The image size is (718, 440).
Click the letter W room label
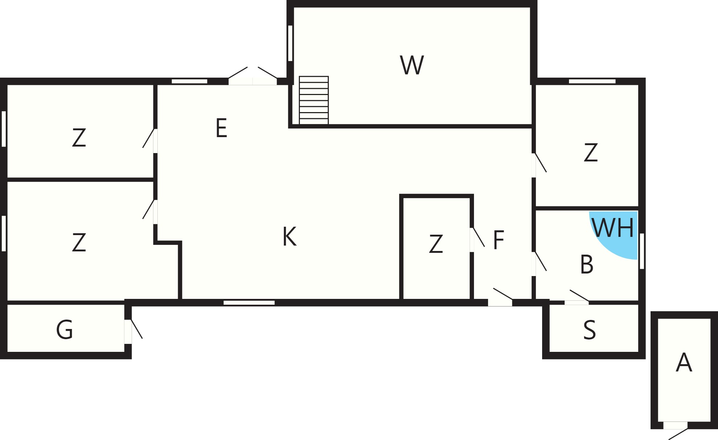(x=412, y=65)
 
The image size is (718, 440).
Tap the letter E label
(x=221, y=128)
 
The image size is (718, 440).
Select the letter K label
(x=289, y=237)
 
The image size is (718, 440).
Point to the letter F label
(x=499, y=240)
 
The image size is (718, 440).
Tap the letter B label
(x=587, y=264)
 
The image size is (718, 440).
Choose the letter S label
(x=589, y=330)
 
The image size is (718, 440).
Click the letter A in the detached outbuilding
(x=684, y=362)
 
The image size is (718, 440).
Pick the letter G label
(x=65, y=330)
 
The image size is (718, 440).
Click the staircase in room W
(x=314, y=100)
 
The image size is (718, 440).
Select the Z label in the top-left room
(x=79, y=138)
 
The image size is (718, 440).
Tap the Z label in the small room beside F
(x=436, y=244)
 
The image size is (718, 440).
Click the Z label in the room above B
(x=590, y=153)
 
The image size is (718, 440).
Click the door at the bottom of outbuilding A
(x=676, y=430)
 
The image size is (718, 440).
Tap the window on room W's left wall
(x=290, y=43)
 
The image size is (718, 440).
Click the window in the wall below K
(x=249, y=303)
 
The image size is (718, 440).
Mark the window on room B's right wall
(x=642, y=251)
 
